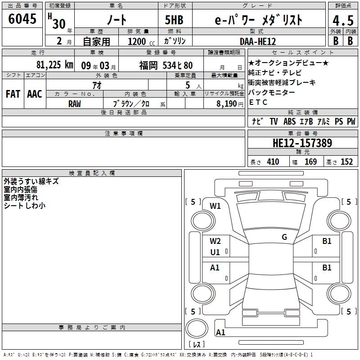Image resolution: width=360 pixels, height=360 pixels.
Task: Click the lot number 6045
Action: click(x=22, y=18)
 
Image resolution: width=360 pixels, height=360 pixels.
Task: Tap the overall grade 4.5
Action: click(x=343, y=21)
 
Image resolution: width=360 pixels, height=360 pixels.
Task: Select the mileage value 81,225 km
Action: click(x=55, y=65)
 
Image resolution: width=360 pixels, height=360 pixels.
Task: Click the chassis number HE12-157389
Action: click(x=302, y=143)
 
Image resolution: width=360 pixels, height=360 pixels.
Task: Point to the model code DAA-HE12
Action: click(x=257, y=41)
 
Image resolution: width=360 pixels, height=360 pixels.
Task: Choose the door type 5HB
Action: click(x=174, y=20)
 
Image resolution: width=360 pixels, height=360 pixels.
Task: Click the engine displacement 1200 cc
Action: click(x=141, y=41)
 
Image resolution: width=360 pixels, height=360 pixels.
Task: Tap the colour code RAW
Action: click(x=75, y=104)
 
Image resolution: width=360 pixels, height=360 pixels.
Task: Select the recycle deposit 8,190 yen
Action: click(x=229, y=104)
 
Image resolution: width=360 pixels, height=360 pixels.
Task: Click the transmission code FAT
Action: click(x=13, y=94)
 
